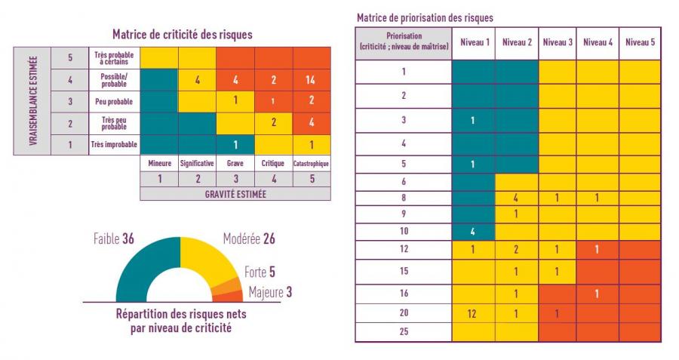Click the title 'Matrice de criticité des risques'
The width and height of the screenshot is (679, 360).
182,34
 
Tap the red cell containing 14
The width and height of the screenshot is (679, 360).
311,79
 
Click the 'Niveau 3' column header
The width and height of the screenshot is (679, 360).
557,42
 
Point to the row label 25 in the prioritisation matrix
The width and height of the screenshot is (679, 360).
404,331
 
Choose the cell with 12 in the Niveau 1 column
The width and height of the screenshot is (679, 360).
473,312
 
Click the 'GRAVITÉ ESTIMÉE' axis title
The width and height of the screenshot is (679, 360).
235,193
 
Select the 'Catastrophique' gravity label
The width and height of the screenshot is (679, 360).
311,162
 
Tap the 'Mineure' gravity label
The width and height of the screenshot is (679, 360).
159,162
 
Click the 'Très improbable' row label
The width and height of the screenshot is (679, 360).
112,143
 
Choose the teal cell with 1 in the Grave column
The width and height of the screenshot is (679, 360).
235,143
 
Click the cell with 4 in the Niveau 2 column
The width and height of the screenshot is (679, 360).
515,198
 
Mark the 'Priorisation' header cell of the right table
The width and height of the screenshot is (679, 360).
404,42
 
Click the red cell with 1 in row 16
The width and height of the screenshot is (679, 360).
598,293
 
